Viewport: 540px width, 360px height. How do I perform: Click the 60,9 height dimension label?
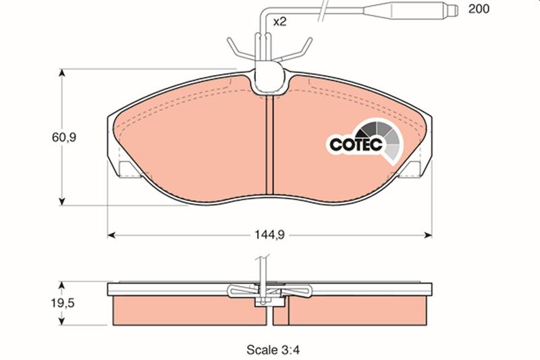coord(63,138)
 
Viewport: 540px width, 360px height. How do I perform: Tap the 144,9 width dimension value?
coord(269,235)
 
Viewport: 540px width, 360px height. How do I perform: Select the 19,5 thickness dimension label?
coord(63,303)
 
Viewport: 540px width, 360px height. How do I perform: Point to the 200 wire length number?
coord(479,9)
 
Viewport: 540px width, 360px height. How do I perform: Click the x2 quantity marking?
coord(279,22)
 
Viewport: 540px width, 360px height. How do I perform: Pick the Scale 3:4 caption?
coord(273,350)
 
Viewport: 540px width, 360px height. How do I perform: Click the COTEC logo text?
coord(356,144)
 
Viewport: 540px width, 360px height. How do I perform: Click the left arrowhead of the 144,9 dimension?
coord(111,235)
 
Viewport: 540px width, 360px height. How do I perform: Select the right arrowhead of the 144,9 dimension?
coord(428,235)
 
